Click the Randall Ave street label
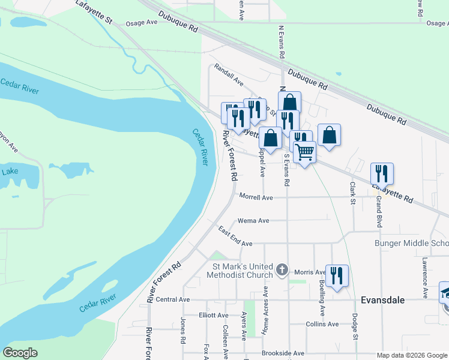click(229, 76)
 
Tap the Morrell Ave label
click(256, 197)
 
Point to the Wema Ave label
click(253, 221)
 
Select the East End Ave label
click(235, 236)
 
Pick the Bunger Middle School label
click(411, 244)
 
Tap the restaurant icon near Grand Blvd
click(382, 173)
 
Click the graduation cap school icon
click(445, 293)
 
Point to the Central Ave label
click(172, 299)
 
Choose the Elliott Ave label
click(213, 315)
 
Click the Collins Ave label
click(322, 324)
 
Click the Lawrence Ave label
click(424, 278)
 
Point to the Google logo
click(20, 353)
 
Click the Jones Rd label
click(183, 331)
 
